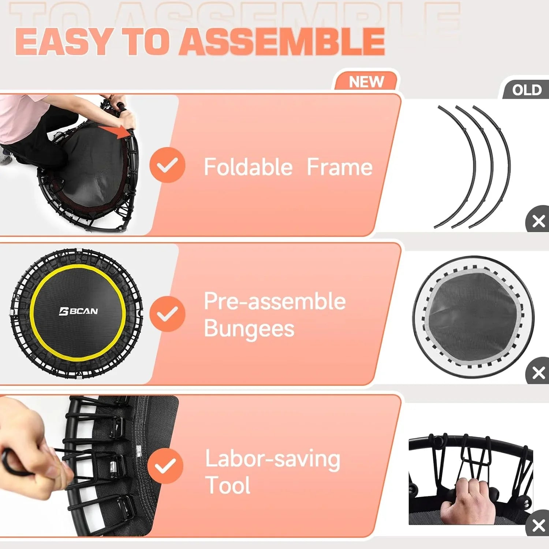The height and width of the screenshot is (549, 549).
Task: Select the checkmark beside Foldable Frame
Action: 167,165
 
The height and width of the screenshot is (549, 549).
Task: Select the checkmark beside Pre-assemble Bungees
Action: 167,314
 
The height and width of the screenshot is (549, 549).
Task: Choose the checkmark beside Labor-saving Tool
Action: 165,466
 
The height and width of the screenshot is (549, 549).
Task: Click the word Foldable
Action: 248,167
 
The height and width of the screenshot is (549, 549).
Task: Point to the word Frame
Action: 339,167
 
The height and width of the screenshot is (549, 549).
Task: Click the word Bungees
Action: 249,328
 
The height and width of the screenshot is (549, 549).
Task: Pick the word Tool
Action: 228,486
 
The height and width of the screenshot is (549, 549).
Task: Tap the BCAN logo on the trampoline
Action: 78,311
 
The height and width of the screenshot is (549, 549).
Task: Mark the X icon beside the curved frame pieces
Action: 538,221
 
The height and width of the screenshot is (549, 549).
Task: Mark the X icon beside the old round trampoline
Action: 538,373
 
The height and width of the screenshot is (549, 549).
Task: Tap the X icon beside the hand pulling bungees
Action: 538,525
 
